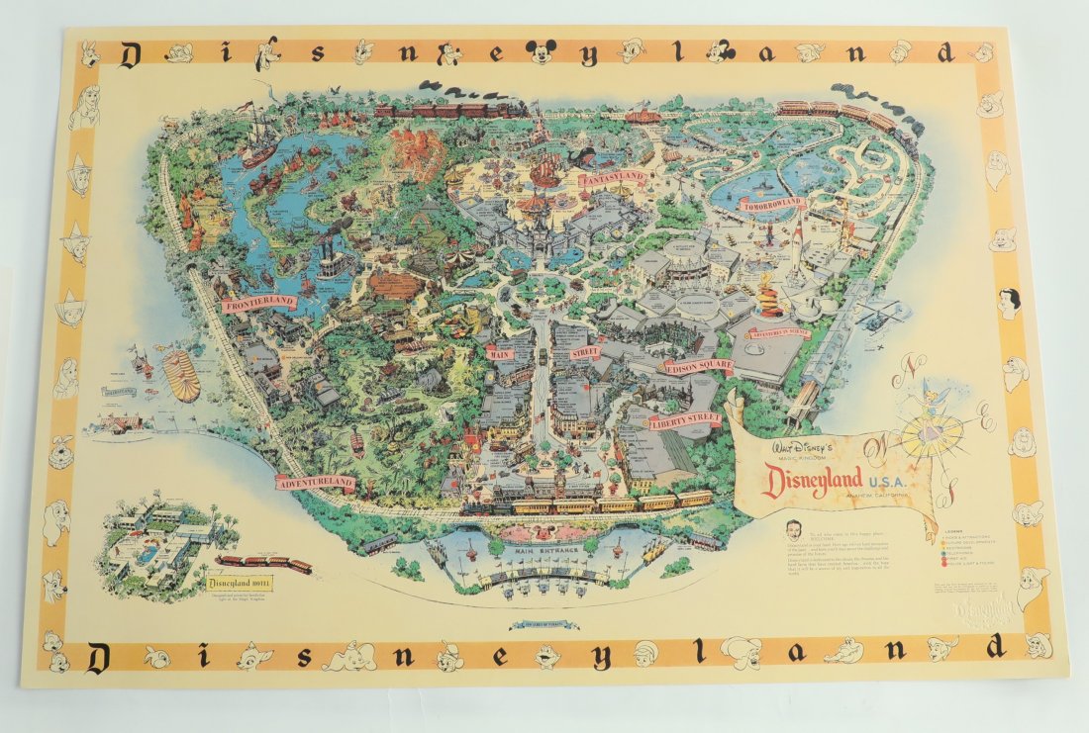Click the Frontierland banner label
[260, 301]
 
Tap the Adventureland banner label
[316, 483]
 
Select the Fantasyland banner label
[613, 178]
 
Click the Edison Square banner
[698, 366]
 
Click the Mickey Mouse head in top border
[541, 52]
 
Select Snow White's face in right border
[1008, 302]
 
